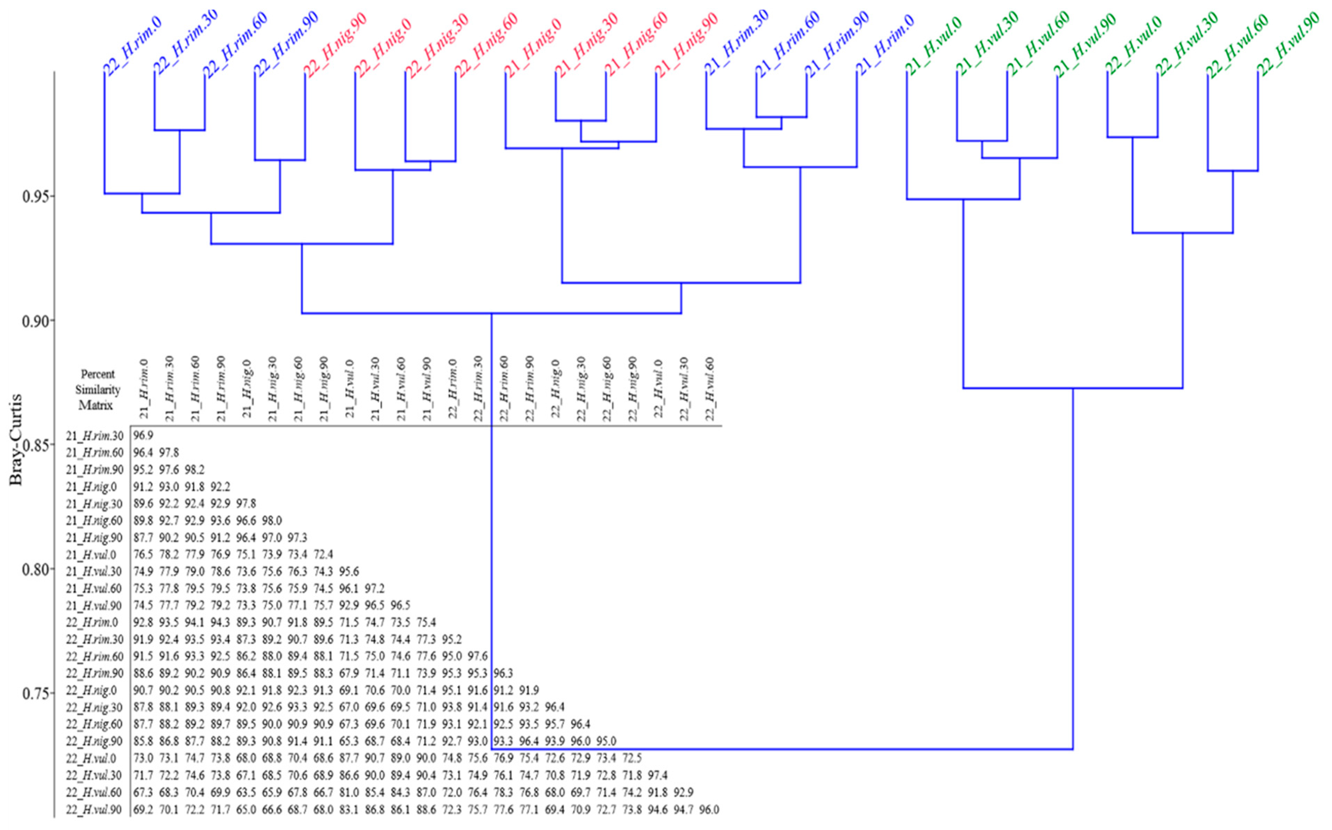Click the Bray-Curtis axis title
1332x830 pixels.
coord(16,439)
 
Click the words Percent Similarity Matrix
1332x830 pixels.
coord(98,390)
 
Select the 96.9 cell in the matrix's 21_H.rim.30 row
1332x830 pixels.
coord(143,436)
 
